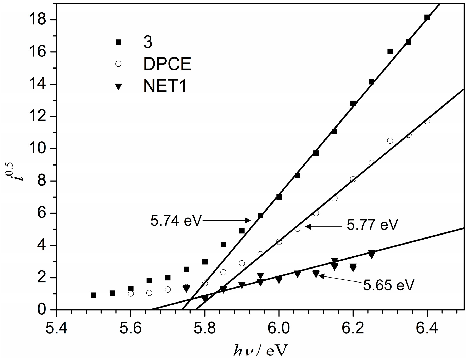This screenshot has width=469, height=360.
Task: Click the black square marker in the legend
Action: point(118,42)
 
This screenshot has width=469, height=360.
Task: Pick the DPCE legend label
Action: point(167,64)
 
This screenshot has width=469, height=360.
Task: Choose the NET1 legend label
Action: point(165,86)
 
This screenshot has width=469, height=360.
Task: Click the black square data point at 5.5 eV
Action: point(93,295)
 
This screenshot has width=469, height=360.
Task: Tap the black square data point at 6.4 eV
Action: point(427,18)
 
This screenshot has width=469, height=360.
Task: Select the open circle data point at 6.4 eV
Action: point(427,121)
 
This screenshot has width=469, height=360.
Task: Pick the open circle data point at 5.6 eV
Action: point(131,294)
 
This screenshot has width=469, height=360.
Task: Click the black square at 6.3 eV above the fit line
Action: point(390,51)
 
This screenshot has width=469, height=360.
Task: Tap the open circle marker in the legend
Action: point(118,64)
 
